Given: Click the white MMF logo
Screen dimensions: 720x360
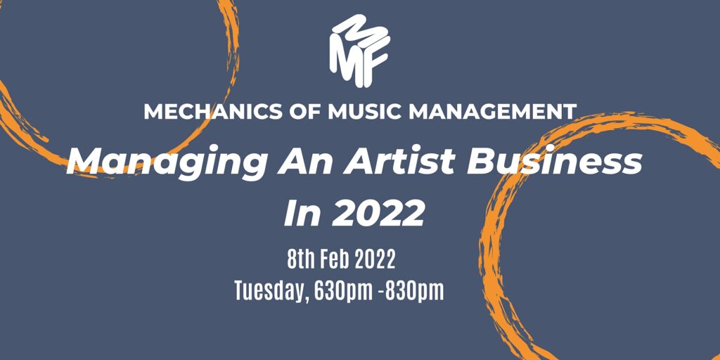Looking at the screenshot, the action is (359, 51).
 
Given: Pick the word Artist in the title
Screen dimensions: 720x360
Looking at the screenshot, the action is (399, 162).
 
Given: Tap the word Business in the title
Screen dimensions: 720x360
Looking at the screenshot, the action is (554, 162).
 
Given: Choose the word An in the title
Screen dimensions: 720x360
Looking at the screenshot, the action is (307, 162).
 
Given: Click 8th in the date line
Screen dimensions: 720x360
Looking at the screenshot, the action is (302, 259).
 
